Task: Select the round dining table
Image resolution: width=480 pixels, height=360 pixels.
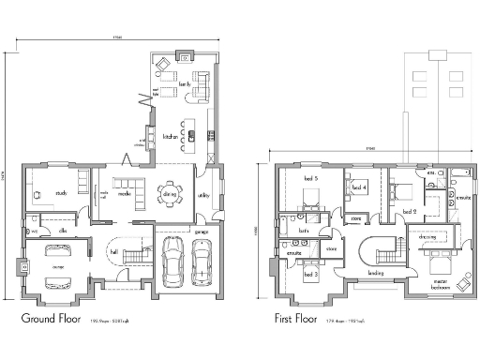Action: coord(170,194)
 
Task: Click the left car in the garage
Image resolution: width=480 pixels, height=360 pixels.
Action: coord(172,262)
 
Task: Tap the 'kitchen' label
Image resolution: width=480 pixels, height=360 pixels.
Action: coord(169,136)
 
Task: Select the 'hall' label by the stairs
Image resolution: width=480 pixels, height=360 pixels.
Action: coord(113,253)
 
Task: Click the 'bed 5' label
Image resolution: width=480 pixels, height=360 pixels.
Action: coord(310,177)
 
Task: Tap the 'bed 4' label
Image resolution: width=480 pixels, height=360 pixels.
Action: coord(358,187)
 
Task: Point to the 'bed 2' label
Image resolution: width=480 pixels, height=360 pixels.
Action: coord(409,213)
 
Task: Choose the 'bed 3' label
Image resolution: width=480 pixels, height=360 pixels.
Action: coord(309,275)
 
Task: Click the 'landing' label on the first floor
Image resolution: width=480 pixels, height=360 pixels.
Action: coord(376,274)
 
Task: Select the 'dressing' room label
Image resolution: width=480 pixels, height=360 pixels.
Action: coord(427,237)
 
